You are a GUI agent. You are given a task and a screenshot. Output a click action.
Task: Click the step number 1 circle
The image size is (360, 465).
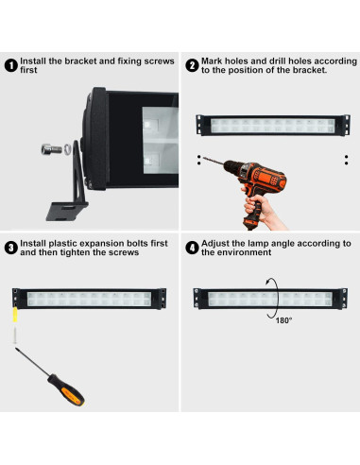click(x=11, y=65)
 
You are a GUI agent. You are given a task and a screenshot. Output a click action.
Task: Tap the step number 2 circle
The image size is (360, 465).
click(x=192, y=65)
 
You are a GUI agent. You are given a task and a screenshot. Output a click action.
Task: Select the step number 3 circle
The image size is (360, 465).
click(x=11, y=248)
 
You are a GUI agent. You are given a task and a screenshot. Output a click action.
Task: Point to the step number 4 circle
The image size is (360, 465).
click(x=192, y=248)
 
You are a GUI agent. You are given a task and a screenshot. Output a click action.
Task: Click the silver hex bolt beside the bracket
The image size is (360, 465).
click(x=52, y=149)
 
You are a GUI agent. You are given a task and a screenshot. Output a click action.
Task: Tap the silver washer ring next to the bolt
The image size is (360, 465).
click(x=67, y=149)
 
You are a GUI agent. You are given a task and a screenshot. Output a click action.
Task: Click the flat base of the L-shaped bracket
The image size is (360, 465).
click(x=66, y=211)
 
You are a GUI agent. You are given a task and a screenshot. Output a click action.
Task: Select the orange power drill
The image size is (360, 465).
click(x=253, y=185)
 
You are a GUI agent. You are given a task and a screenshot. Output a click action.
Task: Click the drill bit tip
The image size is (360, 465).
click(x=203, y=158)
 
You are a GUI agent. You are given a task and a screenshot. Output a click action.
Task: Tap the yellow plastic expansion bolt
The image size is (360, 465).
click(x=15, y=315)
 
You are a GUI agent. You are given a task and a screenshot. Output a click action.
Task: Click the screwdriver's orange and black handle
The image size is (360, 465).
click(x=66, y=389)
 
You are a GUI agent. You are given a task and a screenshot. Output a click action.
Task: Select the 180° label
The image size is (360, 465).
click(x=283, y=320)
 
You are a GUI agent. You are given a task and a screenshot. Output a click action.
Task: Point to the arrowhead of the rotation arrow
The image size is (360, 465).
click(x=267, y=283)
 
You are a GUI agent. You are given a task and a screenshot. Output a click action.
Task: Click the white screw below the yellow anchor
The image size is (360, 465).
click(x=15, y=336)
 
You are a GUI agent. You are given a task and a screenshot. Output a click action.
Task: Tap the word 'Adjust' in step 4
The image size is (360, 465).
click(x=215, y=244)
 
